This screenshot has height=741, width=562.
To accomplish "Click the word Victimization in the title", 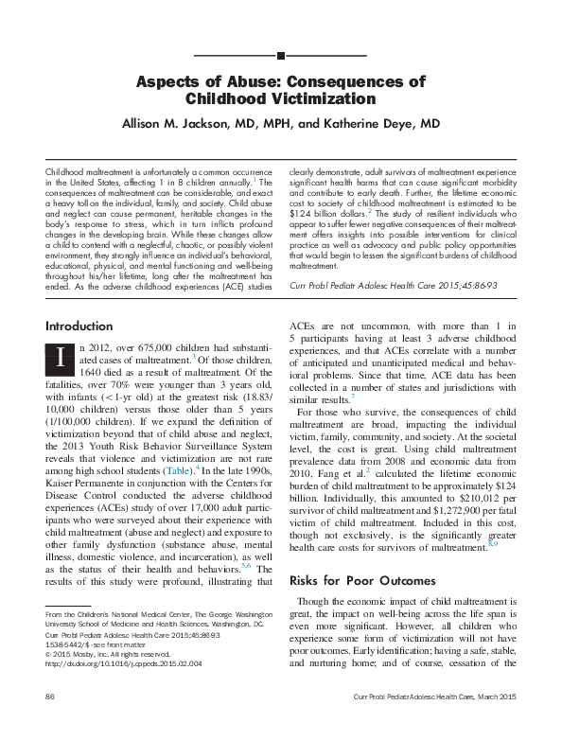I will coord(320,98).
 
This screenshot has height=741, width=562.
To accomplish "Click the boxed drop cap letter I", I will coord(60,357).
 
